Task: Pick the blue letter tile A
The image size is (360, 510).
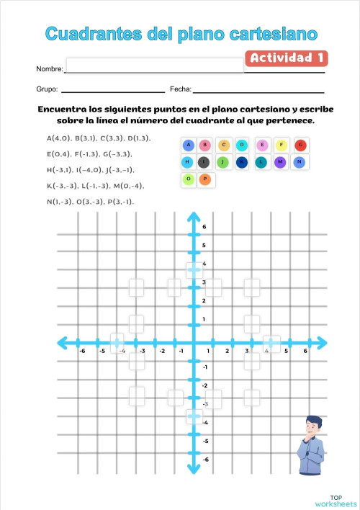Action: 188,145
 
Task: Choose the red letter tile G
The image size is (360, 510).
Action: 300,145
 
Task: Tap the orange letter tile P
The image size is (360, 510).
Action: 205,179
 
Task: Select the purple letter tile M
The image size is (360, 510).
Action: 280,162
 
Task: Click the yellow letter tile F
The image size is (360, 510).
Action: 282,145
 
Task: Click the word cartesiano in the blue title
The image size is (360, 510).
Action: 272,33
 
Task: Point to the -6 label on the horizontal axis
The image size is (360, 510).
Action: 82,352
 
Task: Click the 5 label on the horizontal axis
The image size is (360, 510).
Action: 287,352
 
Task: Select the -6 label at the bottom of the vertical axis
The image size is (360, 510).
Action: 205,460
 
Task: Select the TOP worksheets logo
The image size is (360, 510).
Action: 336,501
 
